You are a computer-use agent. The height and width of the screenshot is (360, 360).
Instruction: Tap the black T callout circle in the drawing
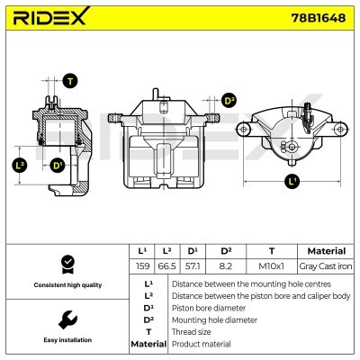point(71,81)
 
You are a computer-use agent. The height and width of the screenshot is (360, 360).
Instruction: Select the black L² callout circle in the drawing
point(20,165)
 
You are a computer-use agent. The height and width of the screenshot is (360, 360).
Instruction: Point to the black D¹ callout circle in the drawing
point(58,165)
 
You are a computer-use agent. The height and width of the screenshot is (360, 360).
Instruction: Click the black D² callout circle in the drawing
point(228,101)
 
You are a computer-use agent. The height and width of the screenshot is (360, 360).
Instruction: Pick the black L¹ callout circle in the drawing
point(291,181)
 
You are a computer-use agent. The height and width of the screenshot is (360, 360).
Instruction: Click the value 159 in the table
point(142,266)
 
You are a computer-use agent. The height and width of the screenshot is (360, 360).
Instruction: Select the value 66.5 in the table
point(167,266)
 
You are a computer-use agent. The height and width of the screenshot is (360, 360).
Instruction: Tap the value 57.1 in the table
point(193,266)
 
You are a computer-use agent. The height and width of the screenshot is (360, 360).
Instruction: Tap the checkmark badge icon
point(66,263)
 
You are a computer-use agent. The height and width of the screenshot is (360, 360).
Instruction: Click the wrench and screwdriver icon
point(66,319)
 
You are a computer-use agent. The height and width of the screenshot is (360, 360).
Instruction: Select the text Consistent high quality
point(66,284)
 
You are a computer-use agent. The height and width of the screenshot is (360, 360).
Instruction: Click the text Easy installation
point(66,340)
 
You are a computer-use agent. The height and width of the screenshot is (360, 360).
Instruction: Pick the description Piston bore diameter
point(206,307)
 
